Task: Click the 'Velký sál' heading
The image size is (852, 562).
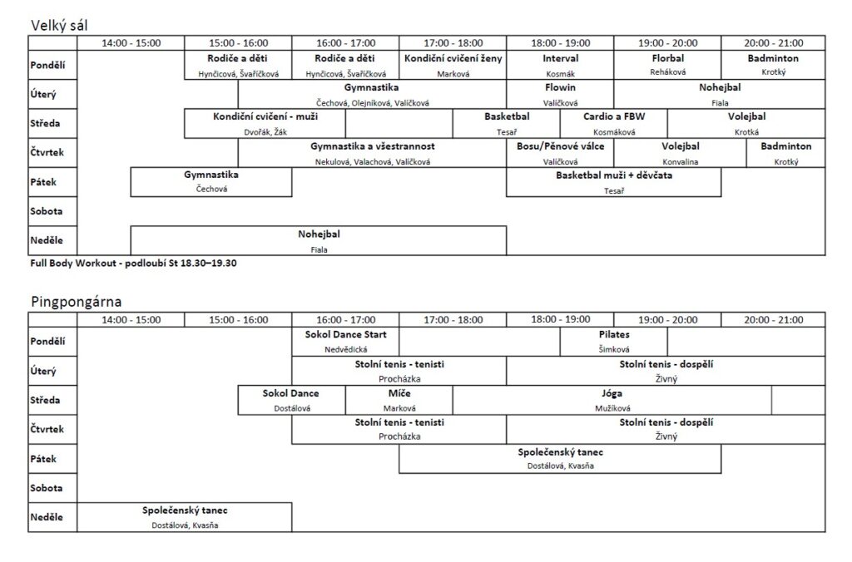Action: coord(59,26)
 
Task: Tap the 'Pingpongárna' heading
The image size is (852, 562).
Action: coord(76,302)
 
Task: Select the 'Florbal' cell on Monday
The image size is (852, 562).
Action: coord(668,65)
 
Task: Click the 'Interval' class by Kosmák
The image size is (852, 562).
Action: coord(560,65)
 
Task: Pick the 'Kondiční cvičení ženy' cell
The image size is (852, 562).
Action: coord(453,65)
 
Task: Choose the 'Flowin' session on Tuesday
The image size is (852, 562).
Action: coord(560,94)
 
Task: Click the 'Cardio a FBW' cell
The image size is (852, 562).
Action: coord(614,123)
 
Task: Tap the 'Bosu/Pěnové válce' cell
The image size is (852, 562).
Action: coord(560,153)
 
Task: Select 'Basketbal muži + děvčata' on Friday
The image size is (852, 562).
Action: coord(614,182)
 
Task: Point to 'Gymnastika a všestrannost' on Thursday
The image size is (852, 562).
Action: coord(372,153)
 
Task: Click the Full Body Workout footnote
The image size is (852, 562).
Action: coord(133,264)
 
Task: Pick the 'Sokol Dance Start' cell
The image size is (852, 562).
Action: coord(345,342)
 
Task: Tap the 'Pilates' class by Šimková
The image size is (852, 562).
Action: coord(614,342)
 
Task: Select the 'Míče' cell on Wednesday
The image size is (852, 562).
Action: coord(399,400)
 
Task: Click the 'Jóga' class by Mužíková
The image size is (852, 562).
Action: coord(612,400)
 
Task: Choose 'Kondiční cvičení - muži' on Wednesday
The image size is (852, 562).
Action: coord(265,123)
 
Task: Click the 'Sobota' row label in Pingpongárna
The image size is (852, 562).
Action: coord(47,488)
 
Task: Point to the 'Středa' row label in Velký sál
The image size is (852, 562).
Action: coord(45,123)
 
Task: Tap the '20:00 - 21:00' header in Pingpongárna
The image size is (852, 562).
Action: coord(773,320)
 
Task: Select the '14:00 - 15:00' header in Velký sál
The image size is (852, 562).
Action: coord(131,43)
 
